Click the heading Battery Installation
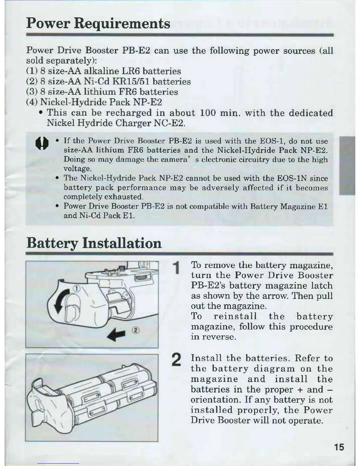click(x=94, y=243)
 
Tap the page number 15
click(x=339, y=447)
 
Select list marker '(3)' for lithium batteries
click(x=32, y=92)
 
